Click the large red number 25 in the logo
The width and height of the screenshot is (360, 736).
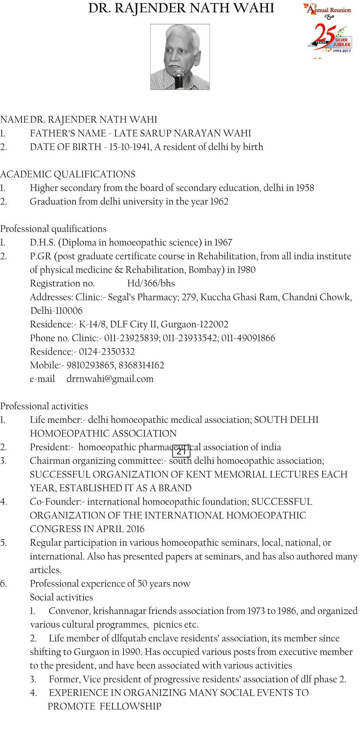click(324, 34)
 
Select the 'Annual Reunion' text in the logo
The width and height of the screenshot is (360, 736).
click(330, 10)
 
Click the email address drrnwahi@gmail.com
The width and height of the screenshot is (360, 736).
click(110, 379)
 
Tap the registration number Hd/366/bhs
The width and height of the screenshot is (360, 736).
click(151, 283)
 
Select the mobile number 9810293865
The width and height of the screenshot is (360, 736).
click(90, 365)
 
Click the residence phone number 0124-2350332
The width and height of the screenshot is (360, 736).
click(107, 352)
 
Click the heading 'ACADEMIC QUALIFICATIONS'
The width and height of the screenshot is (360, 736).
click(68, 174)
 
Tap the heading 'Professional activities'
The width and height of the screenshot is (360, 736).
click(44, 406)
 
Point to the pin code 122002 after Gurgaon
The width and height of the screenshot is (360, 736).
click(215, 324)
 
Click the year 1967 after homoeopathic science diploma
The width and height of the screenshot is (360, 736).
click(223, 243)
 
